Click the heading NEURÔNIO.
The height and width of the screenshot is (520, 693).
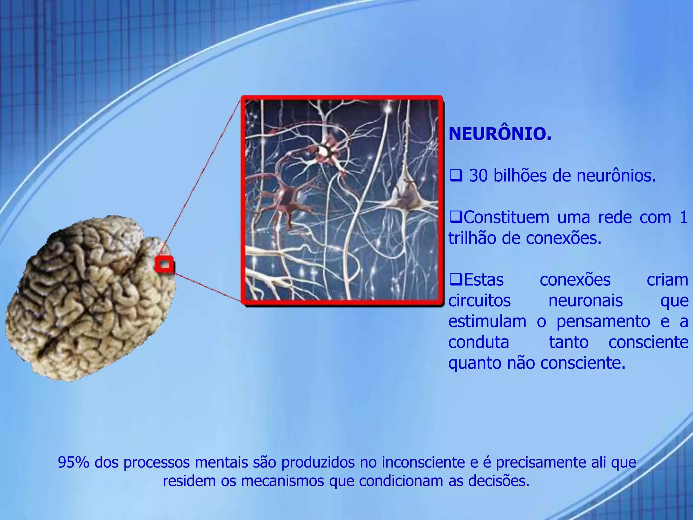[x=500, y=134]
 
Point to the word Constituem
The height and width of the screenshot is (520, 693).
[x=506, y=217]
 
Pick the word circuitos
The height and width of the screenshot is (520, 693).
[x=479, y=300]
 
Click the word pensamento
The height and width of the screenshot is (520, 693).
[x=603, y=321]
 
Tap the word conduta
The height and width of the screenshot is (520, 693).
[x=478, y=342]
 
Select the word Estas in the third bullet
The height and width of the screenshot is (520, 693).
[x=484, y=280]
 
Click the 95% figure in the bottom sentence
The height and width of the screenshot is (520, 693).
[x=73, y=462]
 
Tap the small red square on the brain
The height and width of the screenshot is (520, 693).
[x=164, y=264]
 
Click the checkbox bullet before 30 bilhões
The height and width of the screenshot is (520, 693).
[x=455, y=176]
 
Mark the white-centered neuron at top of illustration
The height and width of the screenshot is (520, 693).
[x=326, y=151]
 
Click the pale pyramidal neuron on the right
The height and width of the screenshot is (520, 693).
[x=408, y=196]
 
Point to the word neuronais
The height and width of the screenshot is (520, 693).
[x=585, y=300]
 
